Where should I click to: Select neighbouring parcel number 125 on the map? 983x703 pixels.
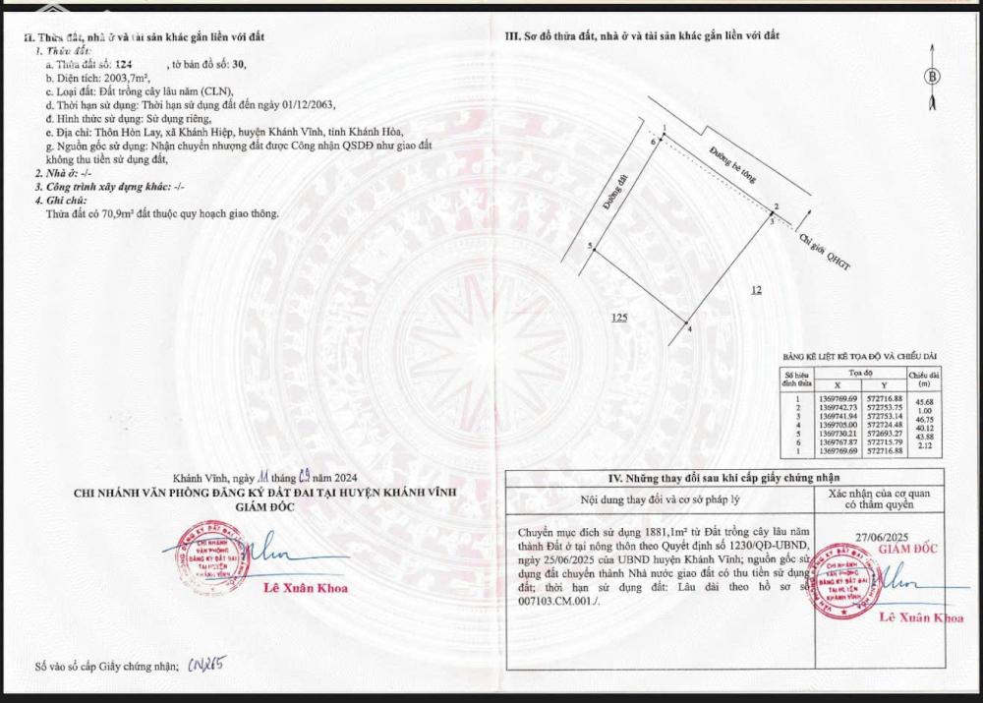click(618, 318)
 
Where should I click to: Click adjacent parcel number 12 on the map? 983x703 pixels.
click(756, 289)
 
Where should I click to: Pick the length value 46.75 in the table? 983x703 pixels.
click(924, 418)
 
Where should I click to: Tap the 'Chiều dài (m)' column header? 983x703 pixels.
click(924, 378)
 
